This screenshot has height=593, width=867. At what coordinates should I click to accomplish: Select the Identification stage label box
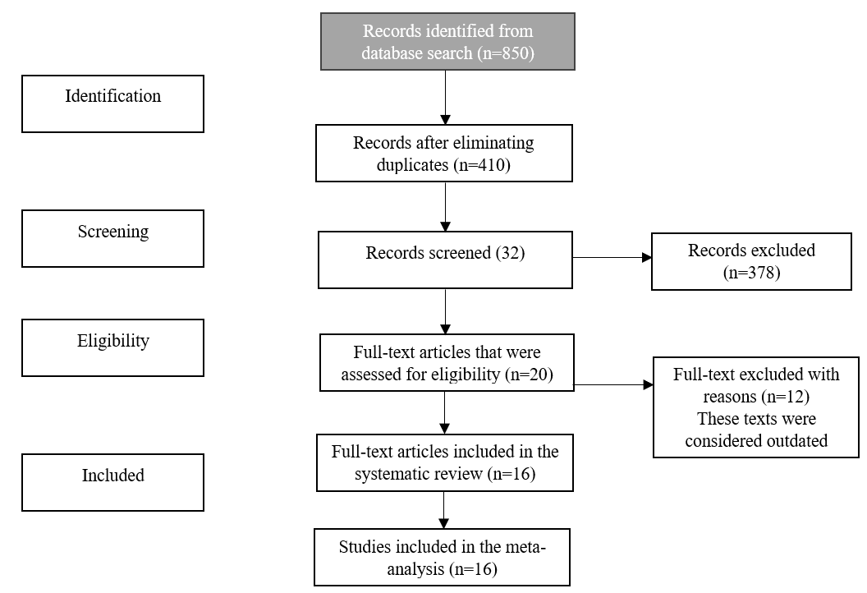[x=112, y=103]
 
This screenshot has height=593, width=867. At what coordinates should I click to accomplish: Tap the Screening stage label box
[x=112, y=238]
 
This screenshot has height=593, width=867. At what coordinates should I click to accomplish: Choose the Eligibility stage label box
[x=112, y=347]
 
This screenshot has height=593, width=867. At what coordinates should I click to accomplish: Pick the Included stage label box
[x=112, y=482]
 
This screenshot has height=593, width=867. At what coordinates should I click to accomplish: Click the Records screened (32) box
[x=444, y=260]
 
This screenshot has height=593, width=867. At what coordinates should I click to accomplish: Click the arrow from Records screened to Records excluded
[x=611, y=258]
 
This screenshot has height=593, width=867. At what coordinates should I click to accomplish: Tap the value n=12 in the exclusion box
[x=784, y=397]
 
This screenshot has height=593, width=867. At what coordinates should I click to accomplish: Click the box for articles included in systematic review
[x=444, y=463]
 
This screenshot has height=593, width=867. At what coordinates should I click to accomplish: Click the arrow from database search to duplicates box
[x=444, y=97]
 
